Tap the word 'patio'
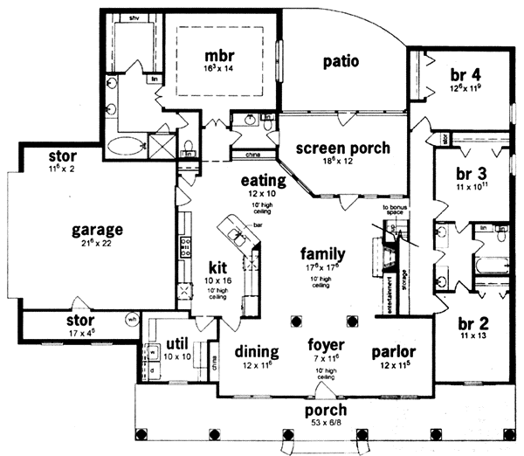341,62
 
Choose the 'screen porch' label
341,148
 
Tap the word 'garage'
96,230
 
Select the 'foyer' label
326,343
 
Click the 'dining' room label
257,352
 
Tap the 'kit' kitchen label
217,266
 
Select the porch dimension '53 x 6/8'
325,424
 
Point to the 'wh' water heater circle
132,318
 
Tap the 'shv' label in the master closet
134,17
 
